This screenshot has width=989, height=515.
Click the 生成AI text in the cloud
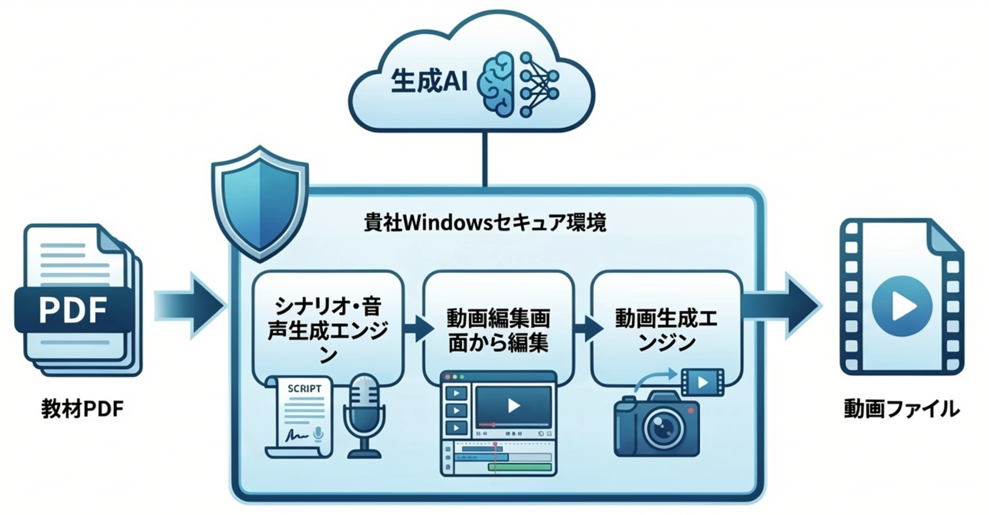coord(428,82)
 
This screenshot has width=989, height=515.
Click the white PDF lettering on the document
coord(73,311)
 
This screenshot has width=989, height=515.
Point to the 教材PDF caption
coord(82,409)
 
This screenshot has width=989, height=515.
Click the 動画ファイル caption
coord(901,409)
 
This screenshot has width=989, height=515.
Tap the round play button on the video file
coord(901,305)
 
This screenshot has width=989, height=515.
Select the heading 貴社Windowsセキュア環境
coord(485,223)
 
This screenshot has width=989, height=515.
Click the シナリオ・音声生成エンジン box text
coord(327,329)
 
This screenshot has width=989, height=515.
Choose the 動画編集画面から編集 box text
coord(498,330)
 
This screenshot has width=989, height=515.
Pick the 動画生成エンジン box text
coord(666,330)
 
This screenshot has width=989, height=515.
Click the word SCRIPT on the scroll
coord(304,389)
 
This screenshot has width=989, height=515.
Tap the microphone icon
coord(364,415)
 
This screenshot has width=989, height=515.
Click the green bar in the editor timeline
coord(520,467)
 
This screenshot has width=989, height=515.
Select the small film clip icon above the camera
coord(702,382)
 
